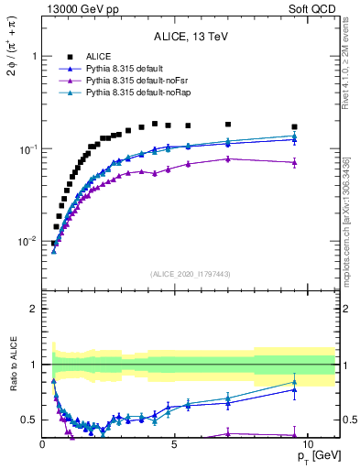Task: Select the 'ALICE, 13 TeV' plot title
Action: point(191,38)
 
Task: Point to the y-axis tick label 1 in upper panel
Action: point(33,56)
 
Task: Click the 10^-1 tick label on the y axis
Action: point(27,148)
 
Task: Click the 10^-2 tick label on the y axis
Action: point(27,242)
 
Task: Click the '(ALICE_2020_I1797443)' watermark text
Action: point(191,274)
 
